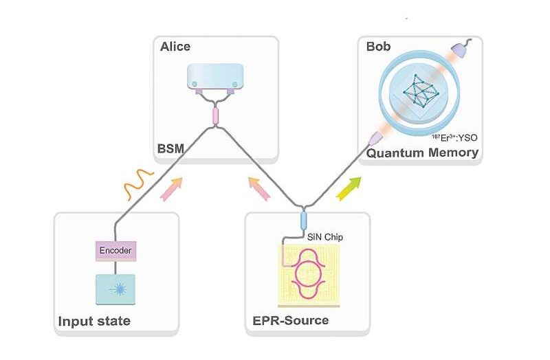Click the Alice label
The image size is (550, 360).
point(175,47)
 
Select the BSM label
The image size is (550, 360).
point(172,148)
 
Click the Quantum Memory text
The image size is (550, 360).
point(422,153)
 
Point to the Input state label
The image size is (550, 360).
point(94,321)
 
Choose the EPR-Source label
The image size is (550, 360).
point(289,320)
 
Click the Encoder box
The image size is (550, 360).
point(115,251)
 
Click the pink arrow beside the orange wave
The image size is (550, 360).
point(171,188)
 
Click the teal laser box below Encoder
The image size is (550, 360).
point(115,288)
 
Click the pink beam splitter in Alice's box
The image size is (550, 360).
point(215,115)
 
